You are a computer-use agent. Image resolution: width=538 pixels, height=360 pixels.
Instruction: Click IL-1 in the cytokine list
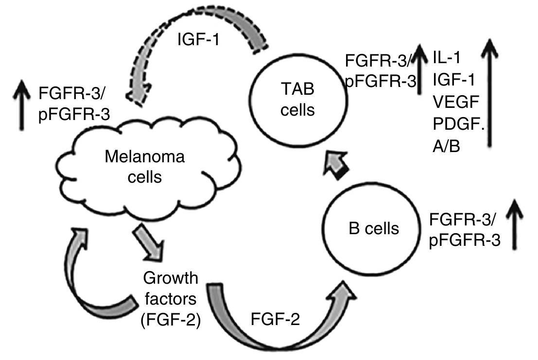[x=448, y=58]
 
